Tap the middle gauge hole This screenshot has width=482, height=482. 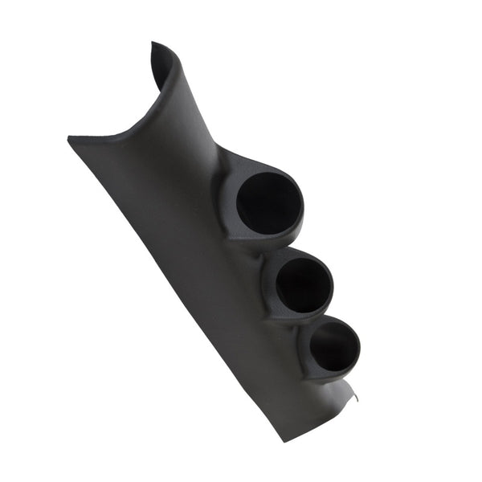[304, 286]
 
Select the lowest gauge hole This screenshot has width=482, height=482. [333, 347]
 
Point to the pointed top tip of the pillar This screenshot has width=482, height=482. [153, 46]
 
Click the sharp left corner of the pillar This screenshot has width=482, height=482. [70, 138]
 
